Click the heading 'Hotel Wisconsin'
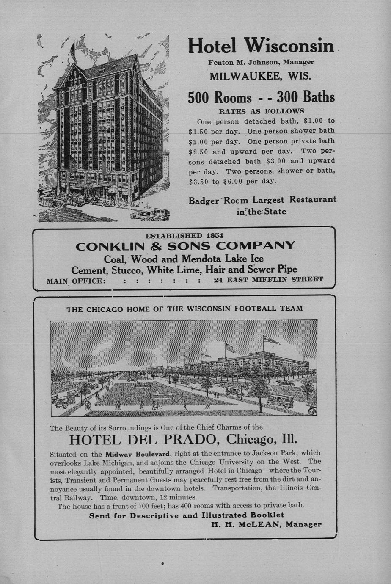[x=261, y=46]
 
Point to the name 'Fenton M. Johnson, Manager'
[x=261, y=62]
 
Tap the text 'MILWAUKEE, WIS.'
[x=261, y=77]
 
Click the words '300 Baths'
[x=306, y=97]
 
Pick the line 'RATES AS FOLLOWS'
[x=261, y=111]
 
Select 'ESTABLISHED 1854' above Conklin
[x=184, y=235]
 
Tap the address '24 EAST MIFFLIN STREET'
[x=268, y=280]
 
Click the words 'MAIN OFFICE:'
[x=76, y=281]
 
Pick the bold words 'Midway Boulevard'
[x=138, y=453]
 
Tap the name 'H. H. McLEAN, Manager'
[x=266, y=524]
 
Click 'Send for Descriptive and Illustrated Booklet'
[x=187, y=515]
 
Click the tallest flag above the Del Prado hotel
[x=271, y=340]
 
